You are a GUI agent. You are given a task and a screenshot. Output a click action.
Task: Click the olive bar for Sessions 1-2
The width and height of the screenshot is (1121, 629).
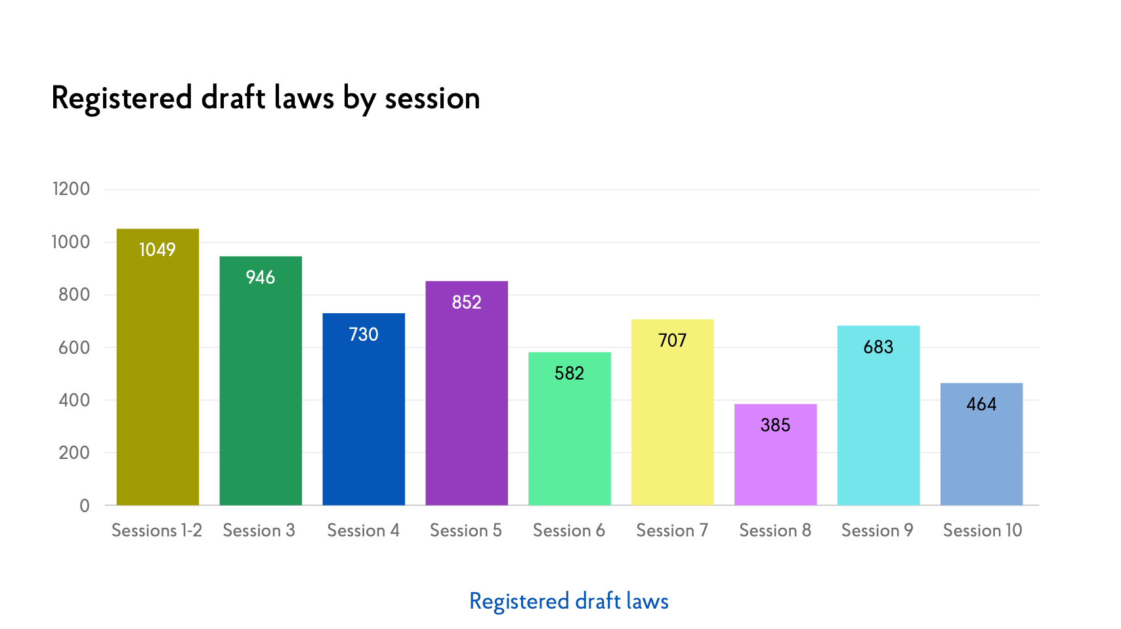pyautogui.click(x=158, y=381)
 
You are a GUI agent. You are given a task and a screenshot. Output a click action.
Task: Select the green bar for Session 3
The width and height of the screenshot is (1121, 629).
pyautogui.click(x=261, y=394)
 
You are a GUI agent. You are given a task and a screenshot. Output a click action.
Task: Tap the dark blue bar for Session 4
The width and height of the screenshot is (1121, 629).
pyautogui.click(x=364, y=420)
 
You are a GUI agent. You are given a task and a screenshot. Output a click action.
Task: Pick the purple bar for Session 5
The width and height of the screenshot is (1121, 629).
pyautogui.click(x=467, y=407)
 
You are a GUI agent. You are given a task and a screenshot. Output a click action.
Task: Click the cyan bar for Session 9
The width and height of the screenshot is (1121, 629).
pyautogui.click(x=878, y=427)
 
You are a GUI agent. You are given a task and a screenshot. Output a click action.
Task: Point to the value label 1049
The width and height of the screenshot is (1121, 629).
pyautogui.click(x=158, y=250)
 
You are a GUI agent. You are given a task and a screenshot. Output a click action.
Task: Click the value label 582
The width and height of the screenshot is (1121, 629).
pyautogui.click(x=569, y=374)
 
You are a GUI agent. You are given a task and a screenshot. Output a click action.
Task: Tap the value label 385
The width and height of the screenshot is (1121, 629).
pyautogui.click(x=775, y=425)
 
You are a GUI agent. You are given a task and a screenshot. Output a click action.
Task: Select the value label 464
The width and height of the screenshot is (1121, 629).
pyautogui.click(x=981, y=404)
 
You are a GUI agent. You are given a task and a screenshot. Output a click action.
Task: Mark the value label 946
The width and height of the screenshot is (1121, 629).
pyautogui.click(x=261, y=278)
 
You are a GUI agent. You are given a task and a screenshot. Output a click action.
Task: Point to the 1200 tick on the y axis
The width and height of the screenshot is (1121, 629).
pyautogui.click(x=71, y=189)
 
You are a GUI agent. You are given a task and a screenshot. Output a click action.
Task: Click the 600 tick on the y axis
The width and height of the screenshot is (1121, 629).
pyautogui.click(x=74, y=347)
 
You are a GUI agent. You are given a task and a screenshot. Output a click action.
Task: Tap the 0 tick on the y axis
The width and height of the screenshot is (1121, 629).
pyautogui.click(x=85, y=506)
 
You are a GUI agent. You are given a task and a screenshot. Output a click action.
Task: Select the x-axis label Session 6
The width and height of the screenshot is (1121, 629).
pyautogui.click(x=569, y=531)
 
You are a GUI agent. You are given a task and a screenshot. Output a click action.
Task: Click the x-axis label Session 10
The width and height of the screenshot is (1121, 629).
pyautogui.click(x=983, y=531)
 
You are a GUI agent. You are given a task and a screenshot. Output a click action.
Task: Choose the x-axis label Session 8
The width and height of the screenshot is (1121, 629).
pyautogui.click(x=775, y=531)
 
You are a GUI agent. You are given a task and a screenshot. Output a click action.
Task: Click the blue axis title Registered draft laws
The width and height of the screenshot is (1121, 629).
pyautogui.click(x=569, y=601)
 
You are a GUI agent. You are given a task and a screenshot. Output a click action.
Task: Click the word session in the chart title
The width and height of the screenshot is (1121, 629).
pyautogui.click(x=433, y=98)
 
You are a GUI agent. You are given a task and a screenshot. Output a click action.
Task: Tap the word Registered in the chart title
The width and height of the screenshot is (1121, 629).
pyautogui.click(x=121, y=98)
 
